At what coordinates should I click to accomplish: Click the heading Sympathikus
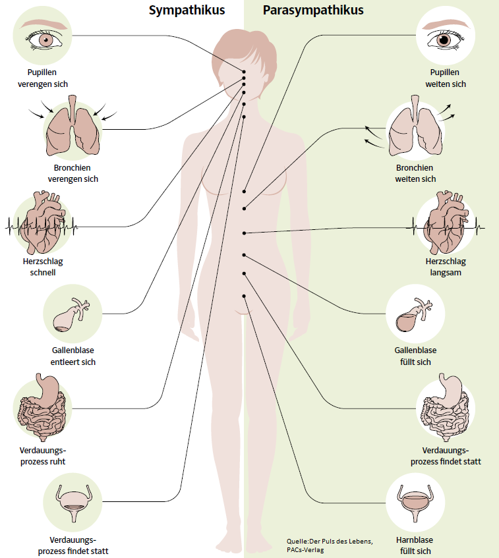pos(187,11)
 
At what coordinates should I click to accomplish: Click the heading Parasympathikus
pos(313,11)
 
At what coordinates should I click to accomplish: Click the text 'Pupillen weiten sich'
pos(446,78)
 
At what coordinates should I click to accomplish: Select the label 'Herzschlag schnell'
pos(42,267)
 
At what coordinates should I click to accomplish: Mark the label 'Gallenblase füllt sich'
pos(415,356)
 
